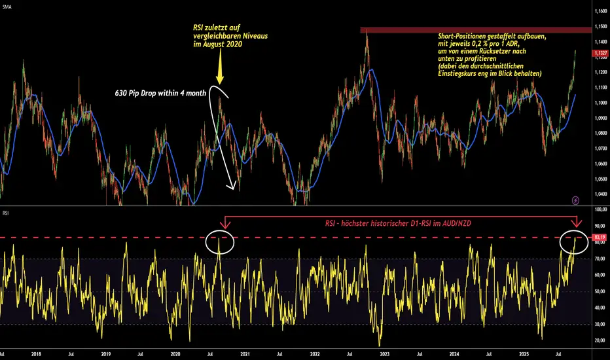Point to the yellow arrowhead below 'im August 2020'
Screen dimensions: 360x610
tap(220, 79)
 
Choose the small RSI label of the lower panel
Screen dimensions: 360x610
tap(7, 212)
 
